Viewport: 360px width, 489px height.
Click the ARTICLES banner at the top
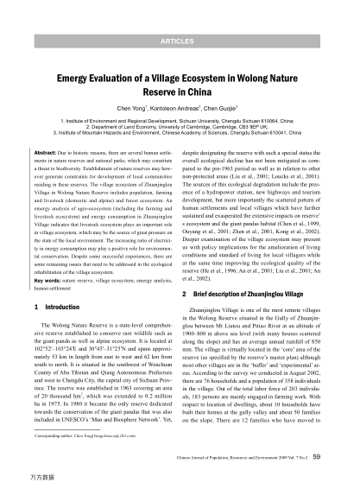[x=180, y=41]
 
